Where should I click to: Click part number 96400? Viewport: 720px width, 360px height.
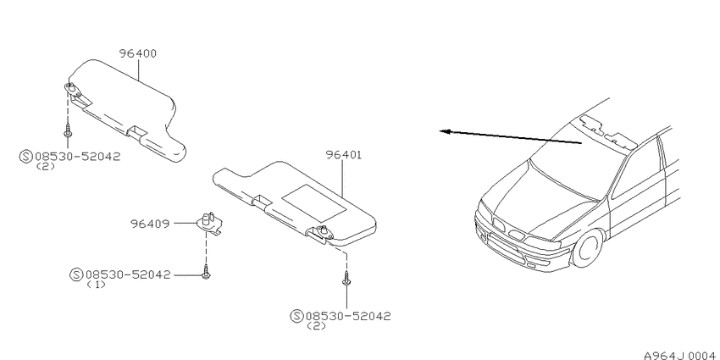coord(138,53)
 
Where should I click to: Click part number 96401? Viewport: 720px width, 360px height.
coord(344,155)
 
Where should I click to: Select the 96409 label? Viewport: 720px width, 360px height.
coord(150,224)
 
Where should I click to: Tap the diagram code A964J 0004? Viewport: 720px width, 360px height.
coord(681,356)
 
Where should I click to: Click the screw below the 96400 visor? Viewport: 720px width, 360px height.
coord(68,130)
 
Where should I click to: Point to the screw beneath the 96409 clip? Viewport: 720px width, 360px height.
coord(206,272)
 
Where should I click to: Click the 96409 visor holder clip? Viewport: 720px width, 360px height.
coord(210,222)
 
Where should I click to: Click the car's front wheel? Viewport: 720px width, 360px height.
coord(588,248)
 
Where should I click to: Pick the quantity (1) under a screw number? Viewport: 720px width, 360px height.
coord(96,285)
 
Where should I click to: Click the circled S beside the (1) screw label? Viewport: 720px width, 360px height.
coord(77,275)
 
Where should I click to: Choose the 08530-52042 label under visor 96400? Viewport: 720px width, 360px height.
coord(77,157)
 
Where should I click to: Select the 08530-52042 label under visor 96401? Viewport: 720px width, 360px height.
coord(348,316)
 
